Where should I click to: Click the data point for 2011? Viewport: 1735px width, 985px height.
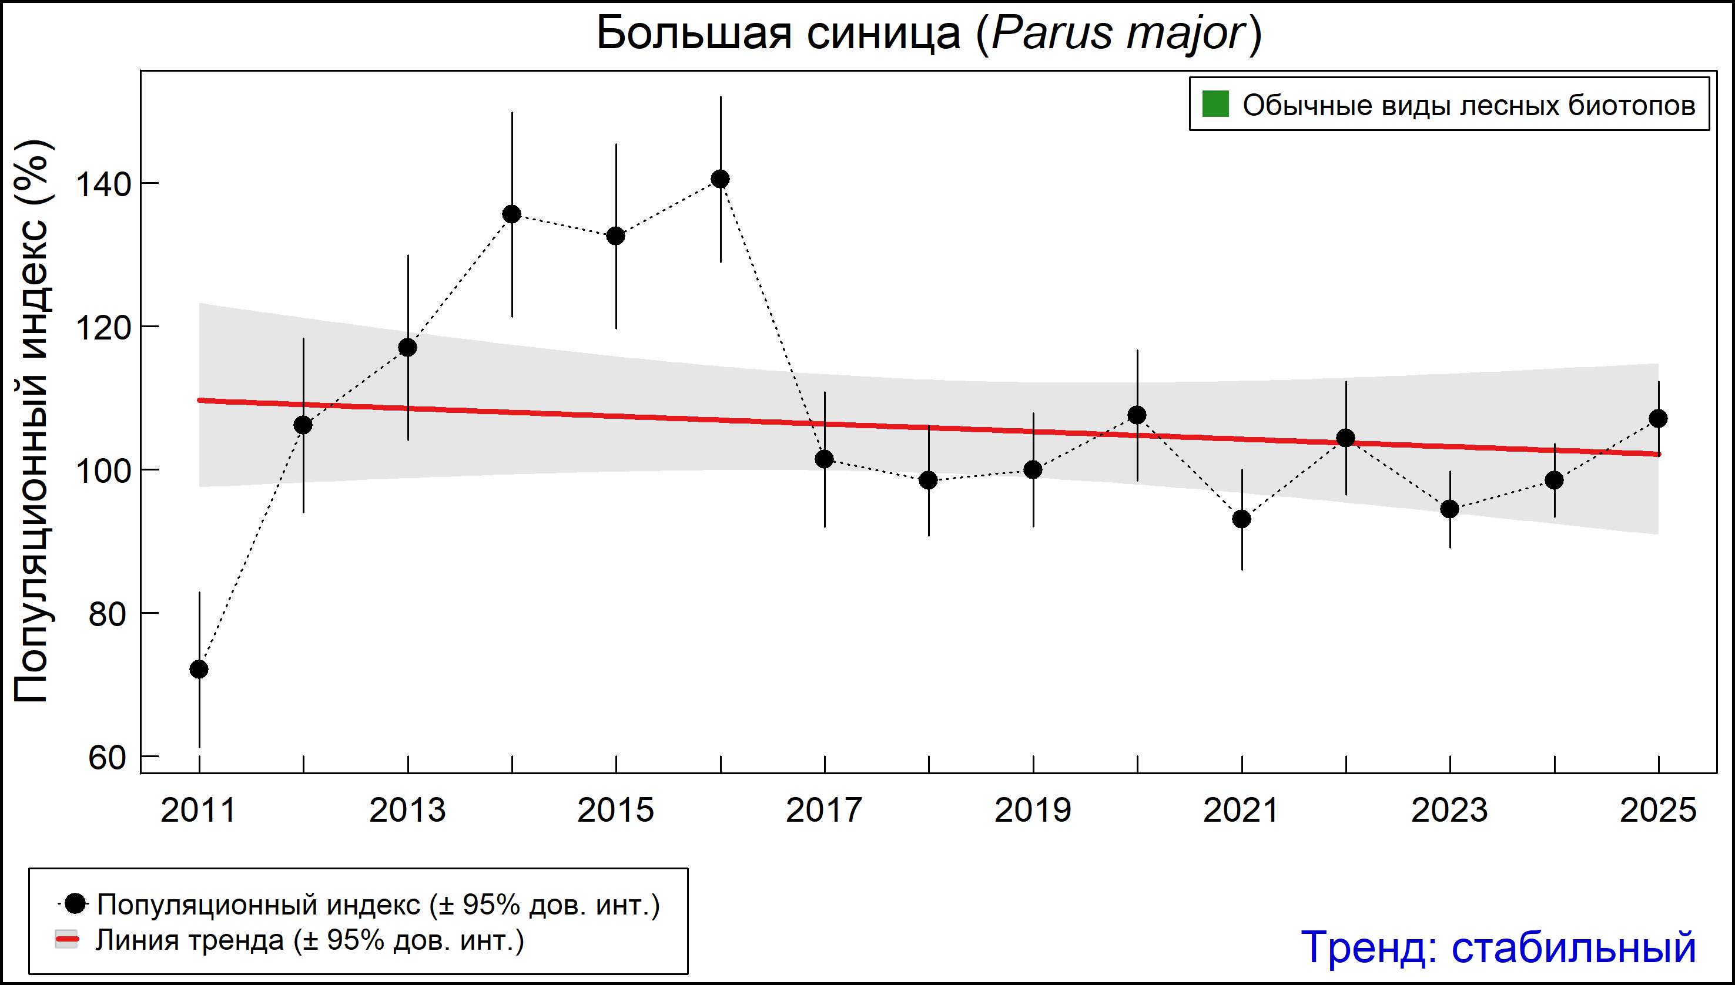[x=199, y=669]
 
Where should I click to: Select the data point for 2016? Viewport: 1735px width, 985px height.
[x=720, y=179]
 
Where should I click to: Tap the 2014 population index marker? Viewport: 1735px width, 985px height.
[x=512, y=214]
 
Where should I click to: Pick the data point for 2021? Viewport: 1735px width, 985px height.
[x=1241, y=519]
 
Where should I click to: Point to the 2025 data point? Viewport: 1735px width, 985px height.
[x=1658, y=419]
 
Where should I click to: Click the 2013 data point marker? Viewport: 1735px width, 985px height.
[x=407, y=348]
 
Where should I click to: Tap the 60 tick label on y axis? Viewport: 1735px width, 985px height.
[x=107, y=758]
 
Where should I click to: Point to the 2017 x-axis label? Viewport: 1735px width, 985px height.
[x=824, y=811]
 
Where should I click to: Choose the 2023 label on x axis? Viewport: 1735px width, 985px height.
[x=1449, y=811]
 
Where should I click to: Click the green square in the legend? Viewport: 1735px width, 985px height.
[x=1215, y=105]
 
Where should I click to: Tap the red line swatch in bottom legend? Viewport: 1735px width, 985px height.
[x=66, y=940]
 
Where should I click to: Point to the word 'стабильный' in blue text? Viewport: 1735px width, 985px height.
[x=1573, y=947]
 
